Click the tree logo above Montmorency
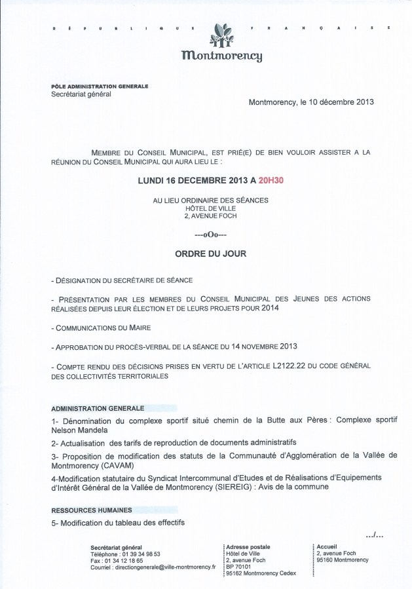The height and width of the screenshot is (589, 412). pos(223,35)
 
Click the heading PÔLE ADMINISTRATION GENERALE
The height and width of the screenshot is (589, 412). pos(100,86)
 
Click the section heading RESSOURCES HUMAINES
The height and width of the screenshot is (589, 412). pos(91,509)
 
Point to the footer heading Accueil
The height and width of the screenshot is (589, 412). pos(326,546)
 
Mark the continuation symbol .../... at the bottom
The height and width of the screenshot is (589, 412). pos(375,535)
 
